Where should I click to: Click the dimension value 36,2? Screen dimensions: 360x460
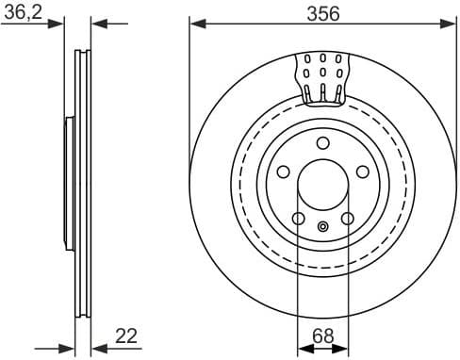pos(23,11)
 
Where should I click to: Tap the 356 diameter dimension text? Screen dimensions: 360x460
pos(321,12)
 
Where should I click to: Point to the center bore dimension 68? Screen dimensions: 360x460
pos(322,335)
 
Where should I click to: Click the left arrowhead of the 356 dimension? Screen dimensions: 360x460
pos(196,24)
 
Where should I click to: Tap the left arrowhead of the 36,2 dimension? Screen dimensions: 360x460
pos(57,24)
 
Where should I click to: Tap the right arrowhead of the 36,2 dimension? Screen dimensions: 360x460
pos(99,24)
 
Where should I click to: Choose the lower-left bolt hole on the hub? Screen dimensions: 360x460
pos(298,220)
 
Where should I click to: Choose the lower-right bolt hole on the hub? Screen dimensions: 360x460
pos(347,220)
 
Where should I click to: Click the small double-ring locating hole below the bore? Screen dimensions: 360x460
pos(322,226)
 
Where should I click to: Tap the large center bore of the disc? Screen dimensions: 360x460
pos(322,185)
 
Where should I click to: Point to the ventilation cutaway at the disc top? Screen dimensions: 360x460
pos(322,75)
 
